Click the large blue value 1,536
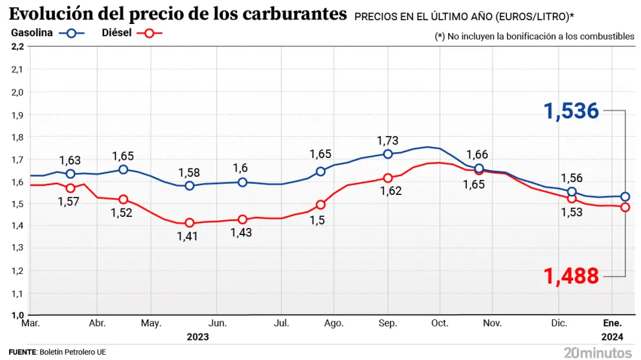pyautogui.click(x=571, y=111)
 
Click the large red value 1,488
pyautogui.click(x=571, y=276)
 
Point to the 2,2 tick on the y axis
pyautogui.click(x=17, y=47)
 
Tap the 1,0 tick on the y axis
pyautogui.click(x=17, y=315)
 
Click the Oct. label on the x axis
pyautogui.click(x=440, y=322)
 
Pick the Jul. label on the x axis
pyautogui.click(x=281, y=322)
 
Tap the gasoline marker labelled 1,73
pyautogui.click(x=388, y=154)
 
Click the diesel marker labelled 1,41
pyautogui.click(x=190, y=223)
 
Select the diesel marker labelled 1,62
pyautogui.click(x=388, y=178)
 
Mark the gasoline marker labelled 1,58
pyautogui.click(x=190, y=186)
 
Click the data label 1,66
pyautogui.click(x=477, y=155)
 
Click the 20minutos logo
pyautogui.click(x=597, y=352)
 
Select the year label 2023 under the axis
pyautogui.click(x=197, y=337)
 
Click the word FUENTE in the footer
pyautogui.click(x=23, y=352)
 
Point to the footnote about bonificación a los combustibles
pyautogui.click(x=534, y=36)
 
